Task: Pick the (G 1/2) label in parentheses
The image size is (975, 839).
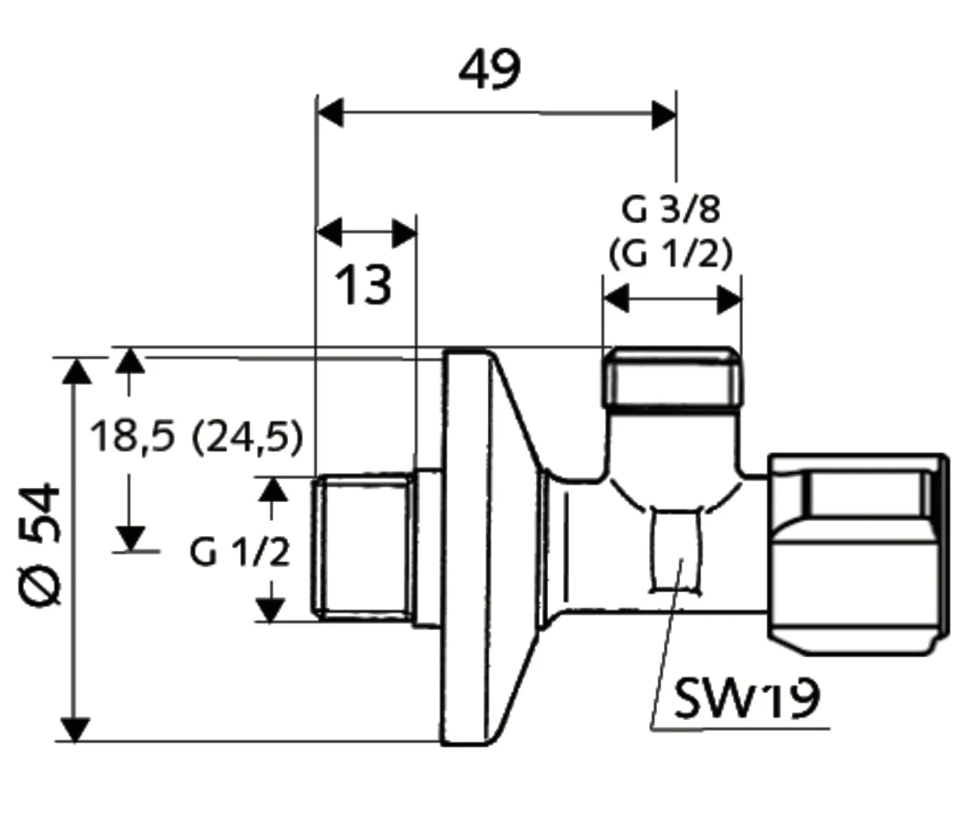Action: coord(670,254)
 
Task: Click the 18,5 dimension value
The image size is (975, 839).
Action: coord(133,436)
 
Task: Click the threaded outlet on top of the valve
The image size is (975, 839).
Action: coord(670,377)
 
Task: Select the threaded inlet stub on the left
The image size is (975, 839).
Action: coord(363,547)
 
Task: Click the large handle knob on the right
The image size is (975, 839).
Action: coord(857,550)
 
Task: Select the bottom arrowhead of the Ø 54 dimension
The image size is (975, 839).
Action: coord(76,729)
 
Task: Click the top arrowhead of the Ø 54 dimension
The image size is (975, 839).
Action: coord(77,371)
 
